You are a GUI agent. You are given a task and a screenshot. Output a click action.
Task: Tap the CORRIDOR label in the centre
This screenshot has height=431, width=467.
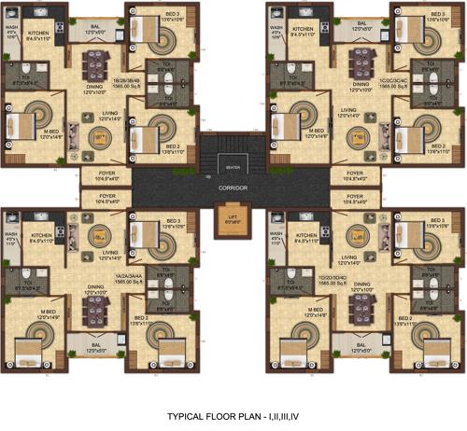(233, 188)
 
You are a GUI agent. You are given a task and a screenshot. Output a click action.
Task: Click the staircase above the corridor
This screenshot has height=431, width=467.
(233, 153)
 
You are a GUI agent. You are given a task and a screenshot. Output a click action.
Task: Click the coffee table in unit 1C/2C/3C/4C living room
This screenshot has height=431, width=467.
(356, 137)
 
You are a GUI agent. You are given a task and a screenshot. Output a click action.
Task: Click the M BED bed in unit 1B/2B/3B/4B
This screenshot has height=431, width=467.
(21, 125)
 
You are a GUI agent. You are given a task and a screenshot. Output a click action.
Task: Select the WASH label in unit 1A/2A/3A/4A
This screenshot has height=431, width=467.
(13, 238)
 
